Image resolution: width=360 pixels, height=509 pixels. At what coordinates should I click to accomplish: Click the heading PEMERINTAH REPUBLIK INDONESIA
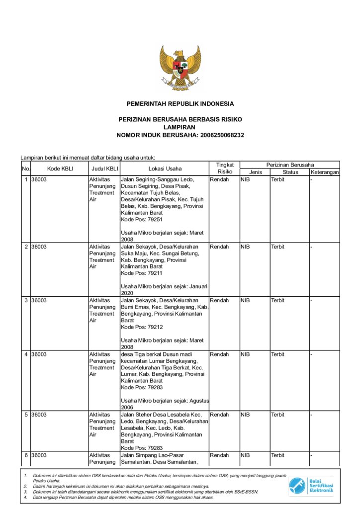click(x=180, y=104)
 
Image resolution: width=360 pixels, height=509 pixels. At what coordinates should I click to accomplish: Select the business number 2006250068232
click(x=222, y=135)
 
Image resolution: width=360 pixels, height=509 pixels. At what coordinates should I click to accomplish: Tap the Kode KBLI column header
click(x=60, y=169)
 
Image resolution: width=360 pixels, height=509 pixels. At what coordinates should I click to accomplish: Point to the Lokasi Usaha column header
click(x=165, y=169)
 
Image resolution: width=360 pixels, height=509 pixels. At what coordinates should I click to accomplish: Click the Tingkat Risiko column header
click(x=224, y=168)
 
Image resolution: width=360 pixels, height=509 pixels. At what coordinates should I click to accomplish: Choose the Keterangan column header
click(x=324, y=172)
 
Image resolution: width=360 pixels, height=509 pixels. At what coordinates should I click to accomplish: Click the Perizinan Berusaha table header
click(x=290, y=165)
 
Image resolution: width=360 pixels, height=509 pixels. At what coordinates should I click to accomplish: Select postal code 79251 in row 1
click(x=154, y=219)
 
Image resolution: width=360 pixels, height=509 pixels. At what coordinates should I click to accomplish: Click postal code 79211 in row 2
click(x=154, y=273)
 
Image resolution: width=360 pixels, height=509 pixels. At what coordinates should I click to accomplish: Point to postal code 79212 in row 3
click(x=154, y=327)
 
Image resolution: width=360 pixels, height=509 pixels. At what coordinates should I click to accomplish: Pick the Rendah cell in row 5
click(x=219, y=415)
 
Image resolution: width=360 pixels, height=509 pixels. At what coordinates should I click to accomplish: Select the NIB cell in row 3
click(x=245, y=300)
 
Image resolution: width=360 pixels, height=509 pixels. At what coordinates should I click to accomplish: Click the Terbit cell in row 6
click(x=277, y=455)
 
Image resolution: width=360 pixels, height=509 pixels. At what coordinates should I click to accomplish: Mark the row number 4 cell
click(x=26, y=354)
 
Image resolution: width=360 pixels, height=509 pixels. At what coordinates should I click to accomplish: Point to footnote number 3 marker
click(x=24, y=492)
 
